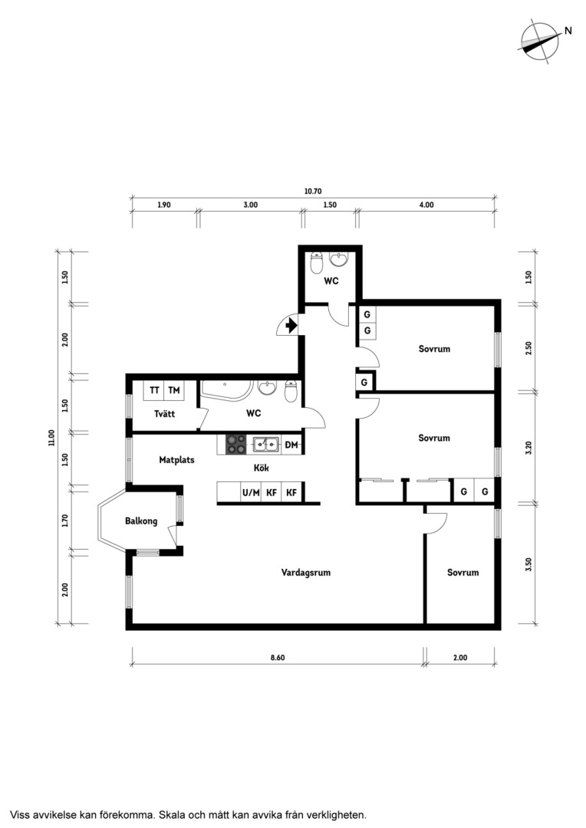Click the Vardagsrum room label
(x=306, y=573)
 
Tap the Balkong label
(x=141, y=521)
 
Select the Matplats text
(x=176, y=460)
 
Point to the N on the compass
(x=568, y=31)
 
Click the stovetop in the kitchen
(x=235, y=445)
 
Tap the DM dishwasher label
(x=291, y=445)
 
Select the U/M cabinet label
(x=251, y=493)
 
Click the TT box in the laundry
(x=154, y=390)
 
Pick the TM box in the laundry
(x=174, y=390)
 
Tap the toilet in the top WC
(x=317, y=262)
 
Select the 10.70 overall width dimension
(x=312, y=191)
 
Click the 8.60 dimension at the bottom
(x=278, y=658)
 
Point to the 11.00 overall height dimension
(x=51, y=438)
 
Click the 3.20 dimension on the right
(x=529, y=447)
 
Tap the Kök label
(x=261, y=468)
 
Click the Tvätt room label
(x=164, y=413)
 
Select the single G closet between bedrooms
(x=364, y=383)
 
